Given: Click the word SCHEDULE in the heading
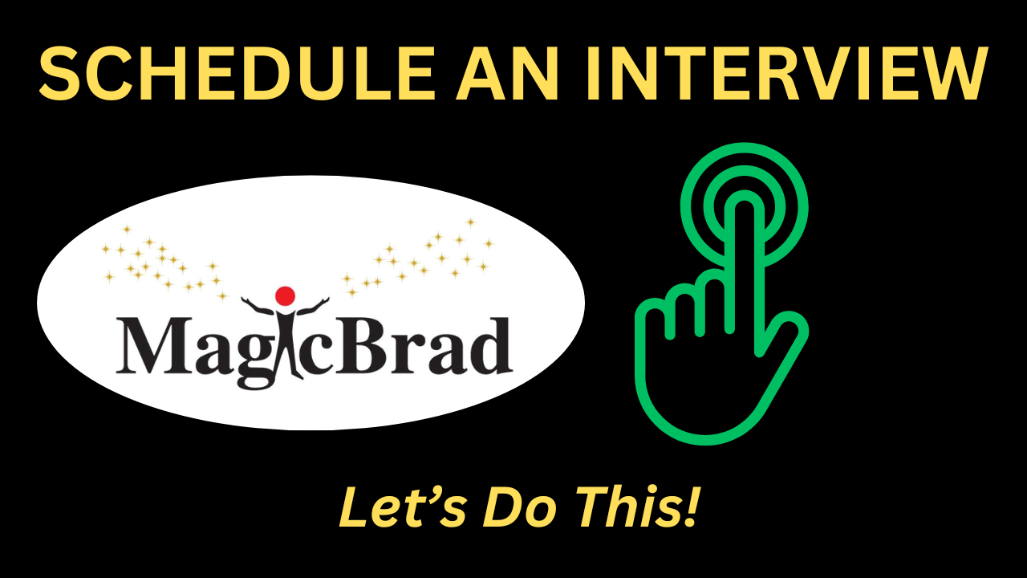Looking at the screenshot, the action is coord(237,73).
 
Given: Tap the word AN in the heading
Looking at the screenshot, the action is coord(506,73).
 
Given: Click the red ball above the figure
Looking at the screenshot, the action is coord(285,296).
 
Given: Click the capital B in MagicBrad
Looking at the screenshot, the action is coord(366,345).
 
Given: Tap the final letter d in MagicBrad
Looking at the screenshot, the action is coord(489,345).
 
